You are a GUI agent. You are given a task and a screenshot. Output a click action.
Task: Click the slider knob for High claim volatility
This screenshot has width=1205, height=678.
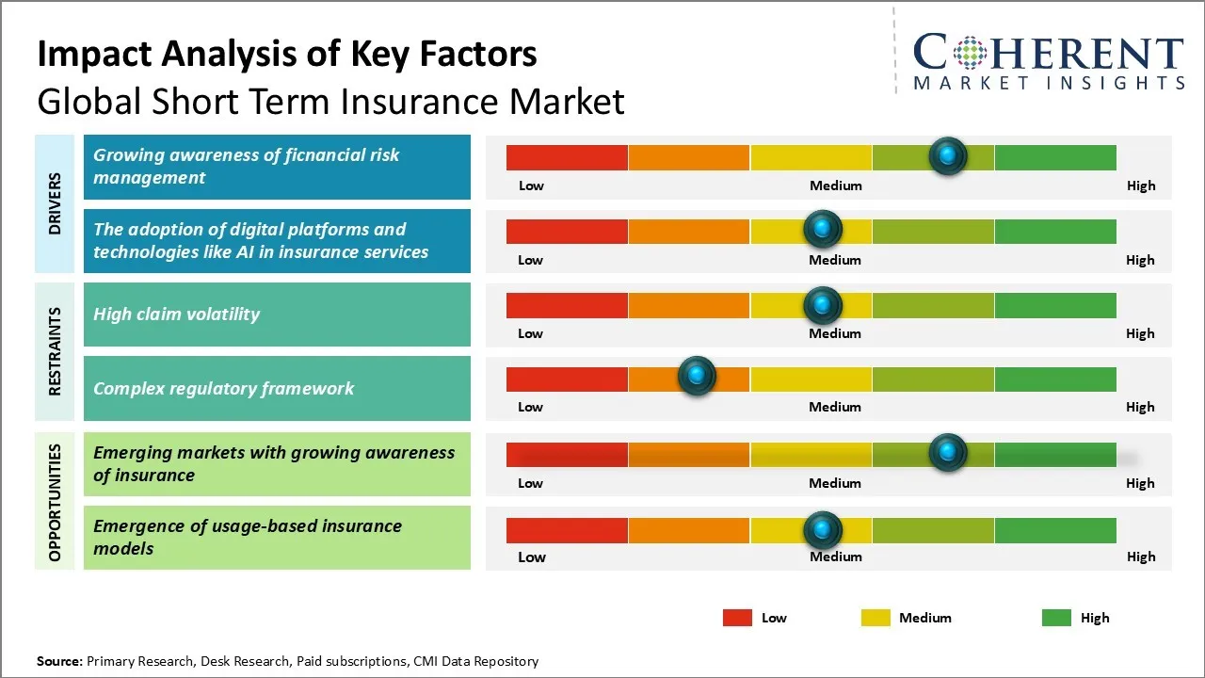click(822, 306)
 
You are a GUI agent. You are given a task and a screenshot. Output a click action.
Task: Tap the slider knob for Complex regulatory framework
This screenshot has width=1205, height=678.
click(697, 375)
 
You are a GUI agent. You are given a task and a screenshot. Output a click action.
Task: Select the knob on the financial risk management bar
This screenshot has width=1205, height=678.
click(948, 156)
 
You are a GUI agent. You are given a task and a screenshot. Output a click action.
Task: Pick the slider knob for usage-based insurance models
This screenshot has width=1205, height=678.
click(822, 530)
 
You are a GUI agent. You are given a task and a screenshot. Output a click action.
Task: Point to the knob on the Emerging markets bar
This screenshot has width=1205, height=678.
click(948, 452)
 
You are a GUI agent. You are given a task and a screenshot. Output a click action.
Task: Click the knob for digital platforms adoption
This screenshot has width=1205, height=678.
click(822, 229)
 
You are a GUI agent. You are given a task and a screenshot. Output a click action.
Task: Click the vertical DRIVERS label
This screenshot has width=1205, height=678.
click(55, 203)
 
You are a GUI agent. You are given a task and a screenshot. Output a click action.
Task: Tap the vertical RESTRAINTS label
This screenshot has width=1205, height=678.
click(55, 351)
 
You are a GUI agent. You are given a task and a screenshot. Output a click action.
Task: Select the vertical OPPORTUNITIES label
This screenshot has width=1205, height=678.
click(55, 503)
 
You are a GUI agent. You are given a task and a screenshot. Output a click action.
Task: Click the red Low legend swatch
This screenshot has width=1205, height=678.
click(737, 618)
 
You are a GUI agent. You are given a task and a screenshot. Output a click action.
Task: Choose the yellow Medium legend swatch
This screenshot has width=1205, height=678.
click(876, 618)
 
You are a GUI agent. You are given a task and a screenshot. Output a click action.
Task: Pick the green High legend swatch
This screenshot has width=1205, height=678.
click(1056, 618)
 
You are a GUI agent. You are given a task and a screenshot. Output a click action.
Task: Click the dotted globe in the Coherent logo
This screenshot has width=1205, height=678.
click(970, 53)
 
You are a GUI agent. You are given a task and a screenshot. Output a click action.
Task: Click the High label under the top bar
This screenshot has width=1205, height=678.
click(1141, 186)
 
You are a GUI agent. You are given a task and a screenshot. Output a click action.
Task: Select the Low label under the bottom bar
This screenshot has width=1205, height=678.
click(532, 557)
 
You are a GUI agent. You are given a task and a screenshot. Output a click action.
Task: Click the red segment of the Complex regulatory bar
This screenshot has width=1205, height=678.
click(567, 379)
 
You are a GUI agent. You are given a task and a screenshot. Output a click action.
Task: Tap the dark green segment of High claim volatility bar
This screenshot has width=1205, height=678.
click(1055, 306)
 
